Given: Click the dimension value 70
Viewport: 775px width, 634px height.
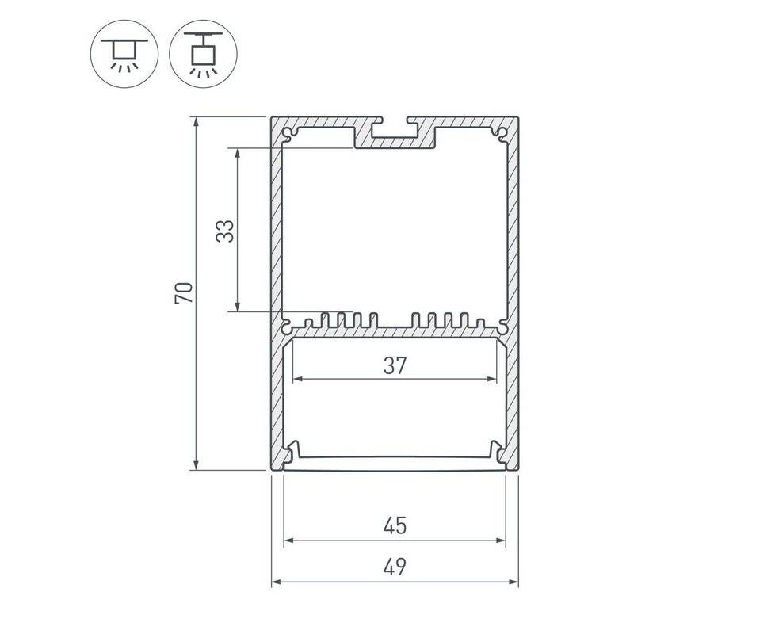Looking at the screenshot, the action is click(x=183, y=293).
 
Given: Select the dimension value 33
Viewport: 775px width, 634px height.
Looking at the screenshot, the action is click(x=225, y=231).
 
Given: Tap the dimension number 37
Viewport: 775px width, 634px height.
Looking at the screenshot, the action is click(x=395, y=365).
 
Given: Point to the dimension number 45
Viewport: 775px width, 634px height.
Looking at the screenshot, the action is click(x=395, y=525).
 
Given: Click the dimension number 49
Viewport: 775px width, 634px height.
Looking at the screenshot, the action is click(x=395, y=567).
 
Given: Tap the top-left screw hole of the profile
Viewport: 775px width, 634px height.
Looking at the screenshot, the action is click(x=287, y=133).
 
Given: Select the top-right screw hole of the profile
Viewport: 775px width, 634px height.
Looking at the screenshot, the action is click(x=502, y=133).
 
